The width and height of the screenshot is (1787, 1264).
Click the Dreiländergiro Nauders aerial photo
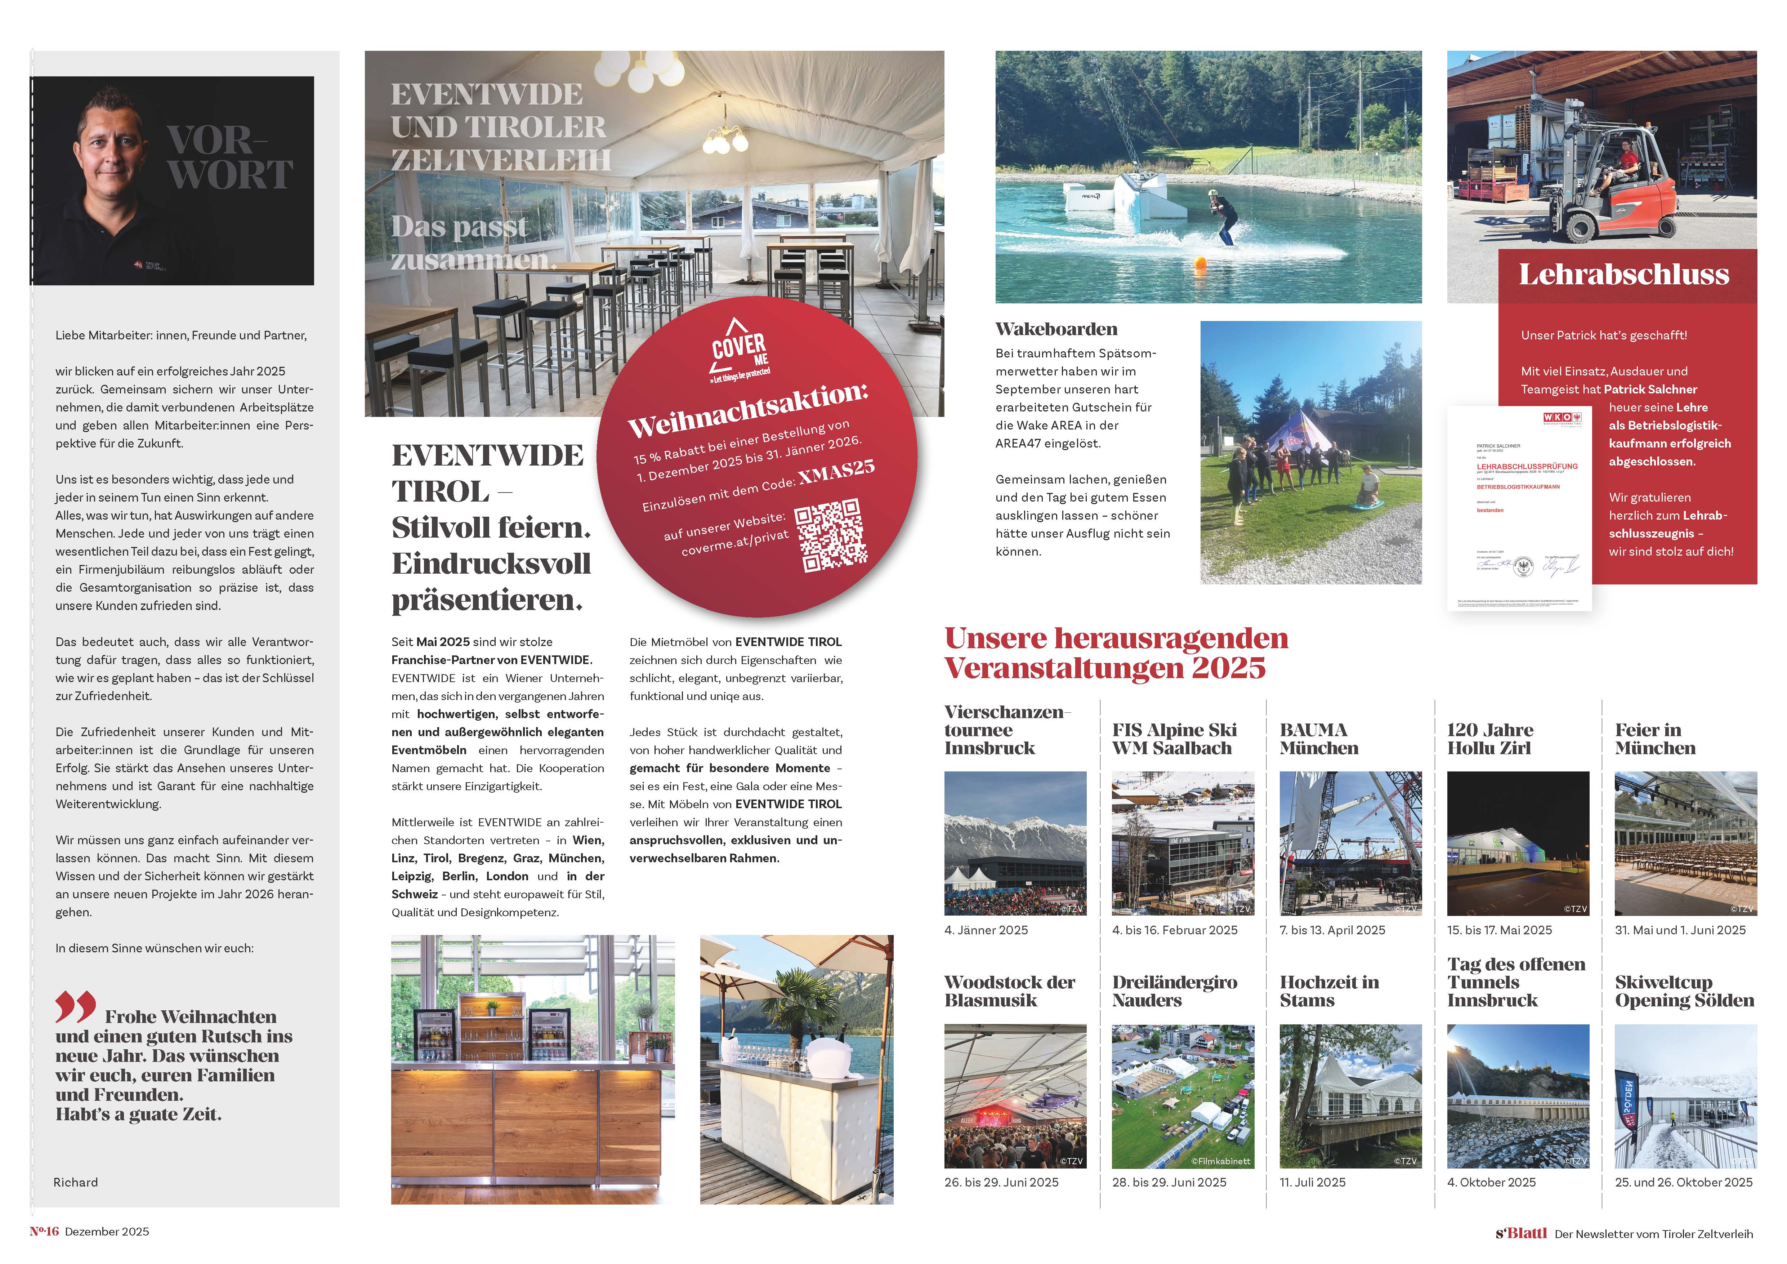pyautogui.click(x=1182, y=1095)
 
